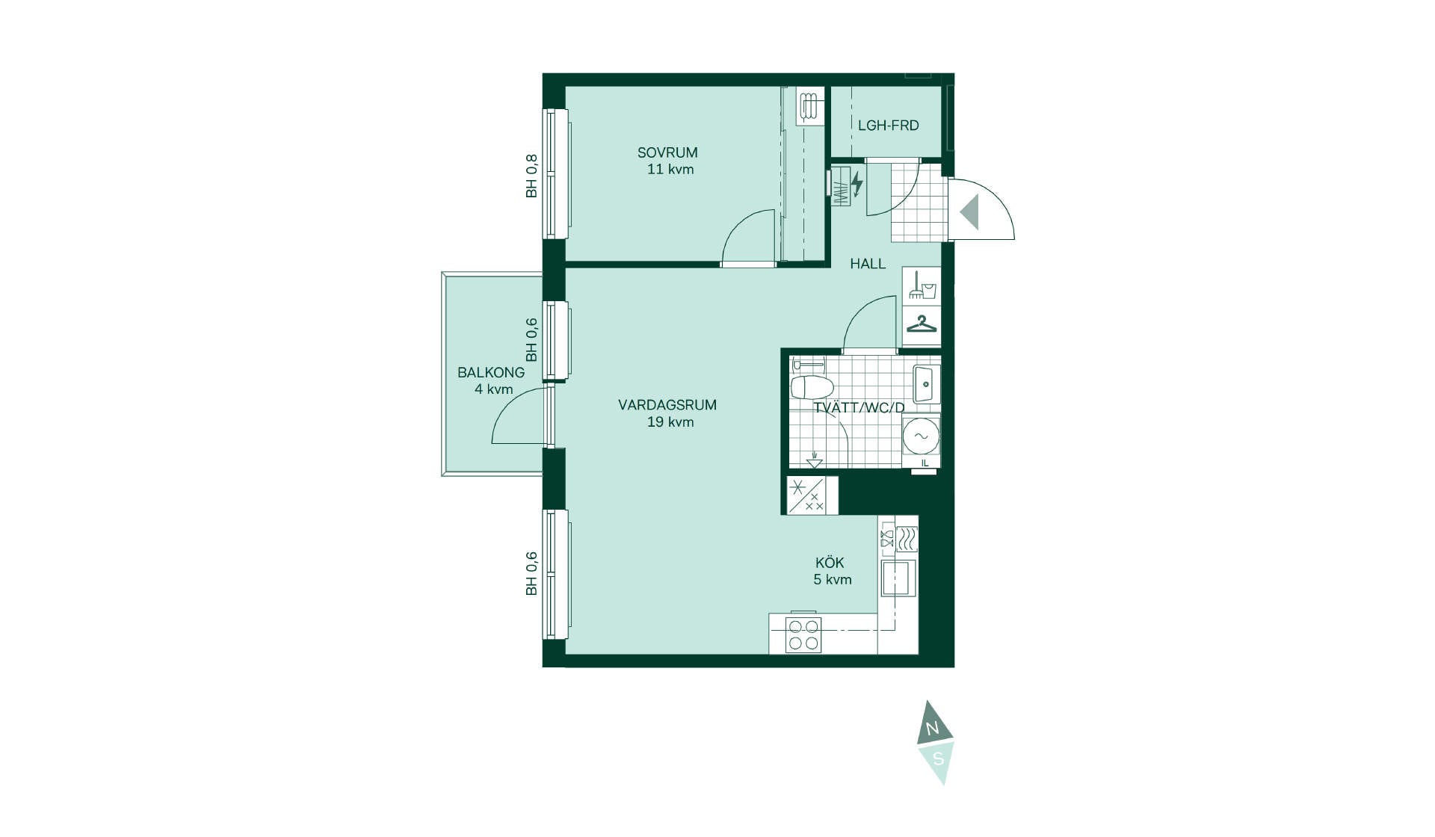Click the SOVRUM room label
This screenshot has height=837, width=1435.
point(667,152)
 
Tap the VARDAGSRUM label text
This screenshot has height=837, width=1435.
point(667,405)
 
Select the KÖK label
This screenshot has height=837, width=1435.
point(830,563)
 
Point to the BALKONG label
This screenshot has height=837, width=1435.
point(491,372)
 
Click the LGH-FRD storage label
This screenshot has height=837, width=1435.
point(888,126)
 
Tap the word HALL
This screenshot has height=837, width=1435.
point(868,264)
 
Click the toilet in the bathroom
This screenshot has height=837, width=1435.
point(812,386)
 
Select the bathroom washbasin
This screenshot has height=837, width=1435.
point(926,384)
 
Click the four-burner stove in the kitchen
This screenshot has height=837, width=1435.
point(803,635)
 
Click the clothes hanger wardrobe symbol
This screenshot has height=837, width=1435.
point(922,324)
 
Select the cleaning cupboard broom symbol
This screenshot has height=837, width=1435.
point(922,285)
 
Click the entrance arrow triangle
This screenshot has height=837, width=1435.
point(969,211)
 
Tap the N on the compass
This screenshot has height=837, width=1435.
point(932,729)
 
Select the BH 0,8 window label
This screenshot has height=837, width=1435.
point(531,176)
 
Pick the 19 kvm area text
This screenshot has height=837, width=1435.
point(670,422)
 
